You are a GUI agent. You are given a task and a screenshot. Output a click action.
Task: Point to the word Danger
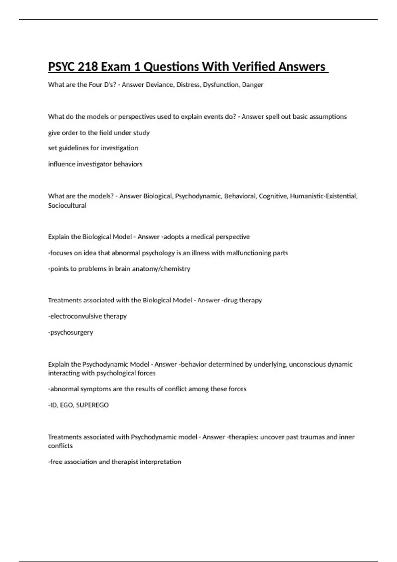(253, 85)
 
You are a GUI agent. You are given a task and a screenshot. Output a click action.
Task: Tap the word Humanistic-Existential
(324, 196)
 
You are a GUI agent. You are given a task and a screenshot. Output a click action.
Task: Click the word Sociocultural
(67, 205)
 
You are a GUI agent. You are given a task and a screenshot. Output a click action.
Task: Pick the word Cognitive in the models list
(273, 196)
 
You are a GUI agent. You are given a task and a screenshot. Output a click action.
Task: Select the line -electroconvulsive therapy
(87, 316)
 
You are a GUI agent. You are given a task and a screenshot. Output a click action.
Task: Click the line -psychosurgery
(70, 332)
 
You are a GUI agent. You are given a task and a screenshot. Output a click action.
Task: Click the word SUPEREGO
(92, 405)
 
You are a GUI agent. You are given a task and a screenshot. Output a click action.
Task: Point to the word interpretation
(160, 462)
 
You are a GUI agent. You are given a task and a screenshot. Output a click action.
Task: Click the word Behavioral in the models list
(240, 196)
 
